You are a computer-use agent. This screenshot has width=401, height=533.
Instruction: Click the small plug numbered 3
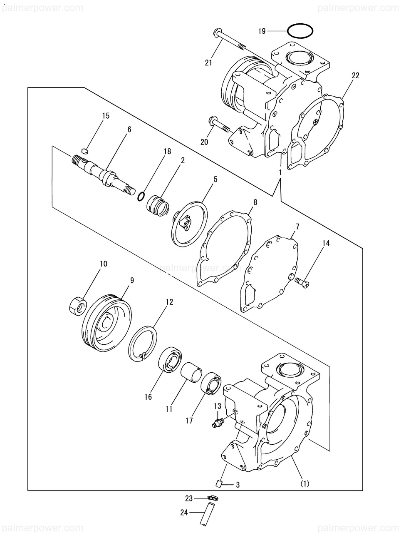218,483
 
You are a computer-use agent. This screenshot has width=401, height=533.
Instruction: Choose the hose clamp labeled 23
213,498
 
